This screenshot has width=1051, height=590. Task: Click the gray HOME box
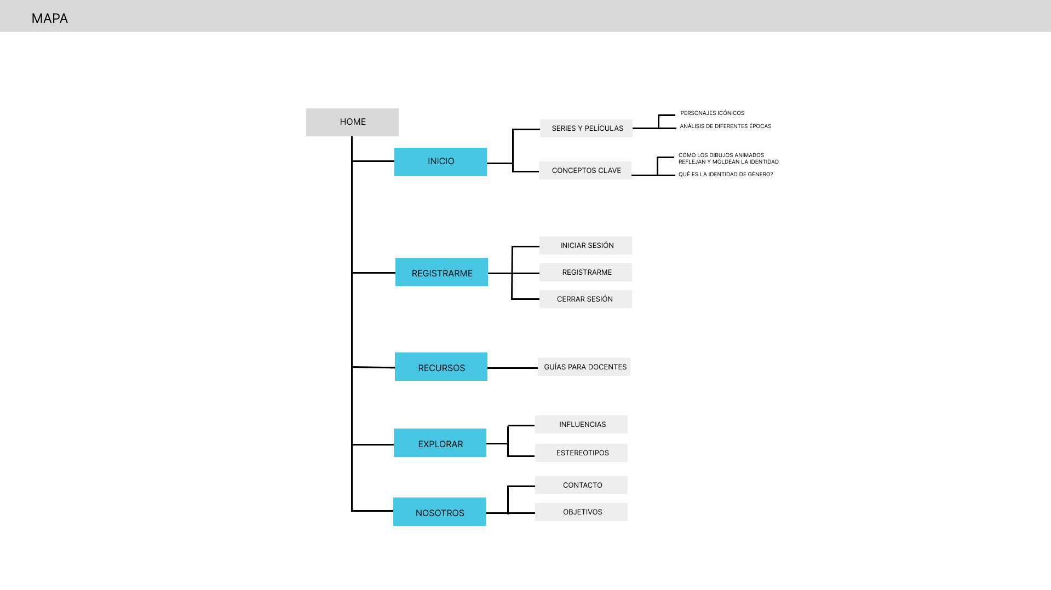tap(352, 122)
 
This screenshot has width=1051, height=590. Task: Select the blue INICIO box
tap(440, 161)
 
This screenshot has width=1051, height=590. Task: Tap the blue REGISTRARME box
tap(441, 272)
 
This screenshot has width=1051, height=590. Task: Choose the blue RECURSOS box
tap(441, 367)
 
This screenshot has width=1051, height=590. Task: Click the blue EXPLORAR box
tap(440, 443)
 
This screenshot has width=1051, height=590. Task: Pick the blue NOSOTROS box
tap(439, 512)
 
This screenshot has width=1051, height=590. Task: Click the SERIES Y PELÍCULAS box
tap(586, 128)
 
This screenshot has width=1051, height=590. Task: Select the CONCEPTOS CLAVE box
tap(585, 170)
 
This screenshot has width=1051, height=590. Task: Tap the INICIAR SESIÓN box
tap(585, 245)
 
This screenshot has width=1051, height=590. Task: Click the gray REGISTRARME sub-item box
tap(585, 272)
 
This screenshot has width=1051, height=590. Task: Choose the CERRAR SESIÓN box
tap(585, 299)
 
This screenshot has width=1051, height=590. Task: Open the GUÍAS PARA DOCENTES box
tap(584, 367)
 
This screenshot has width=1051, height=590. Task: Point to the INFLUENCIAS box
tap(581, 424)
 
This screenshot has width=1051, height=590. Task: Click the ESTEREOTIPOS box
tap(581, 453)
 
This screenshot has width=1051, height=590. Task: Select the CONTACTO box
tap(581, 485)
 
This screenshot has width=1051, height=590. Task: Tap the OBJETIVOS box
tap(581, 512)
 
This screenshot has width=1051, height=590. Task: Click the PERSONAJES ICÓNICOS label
tap(712, 113)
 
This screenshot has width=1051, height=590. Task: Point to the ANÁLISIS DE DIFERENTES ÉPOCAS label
tap(725, 126)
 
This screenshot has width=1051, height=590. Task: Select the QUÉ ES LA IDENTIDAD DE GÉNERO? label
tap(725, 175)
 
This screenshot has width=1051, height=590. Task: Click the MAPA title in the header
tap(50, 19)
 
